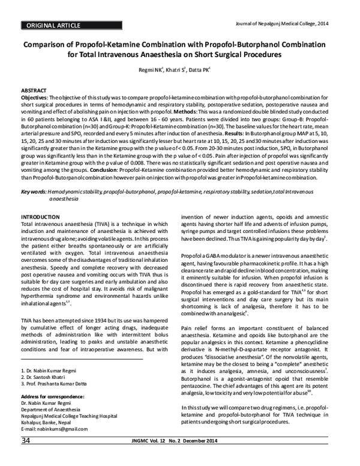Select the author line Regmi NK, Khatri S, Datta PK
coord(180,70)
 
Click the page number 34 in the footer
coord(27,458)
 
